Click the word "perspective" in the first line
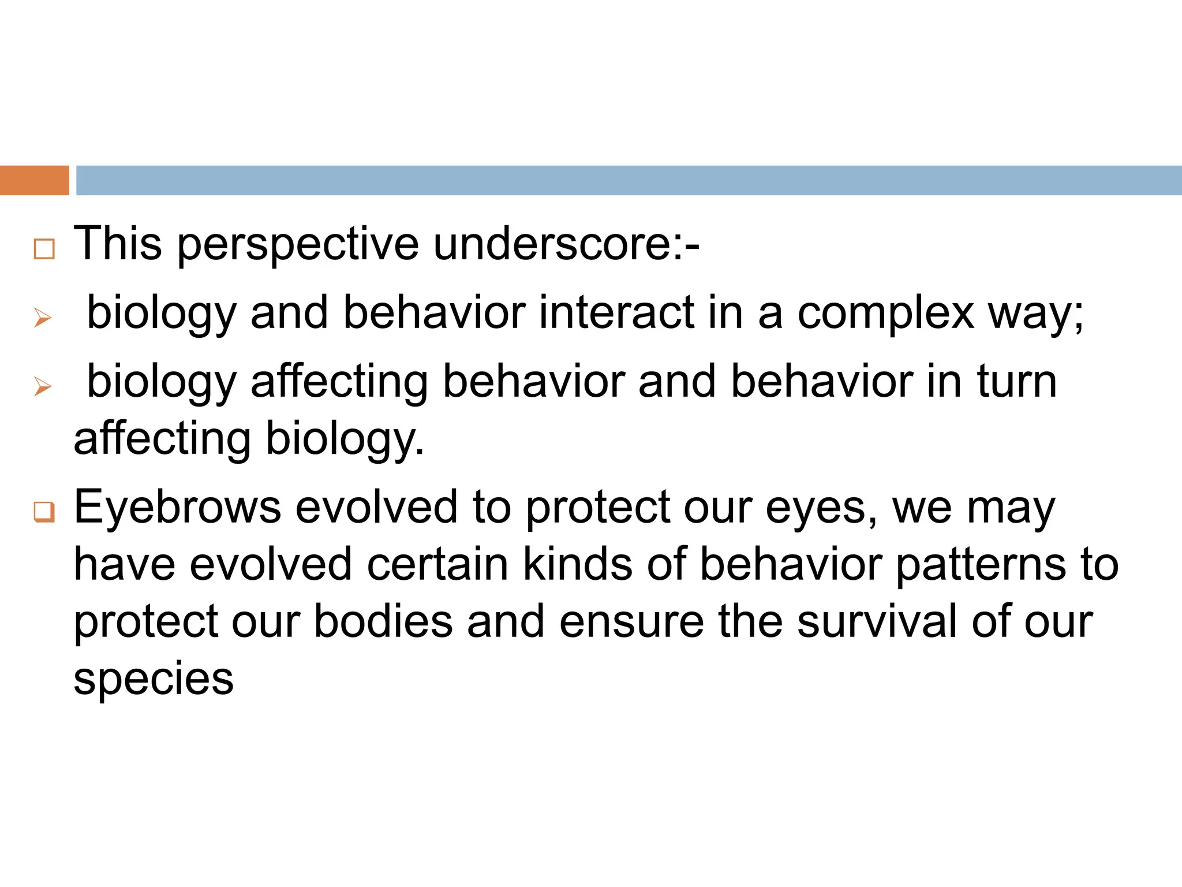click(297, 245)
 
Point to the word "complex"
click(885, 314)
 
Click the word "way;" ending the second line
click(1035, 314)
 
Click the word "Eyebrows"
click(177, 507)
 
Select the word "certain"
click(437, 564)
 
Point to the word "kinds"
click(578, 564)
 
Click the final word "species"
click(154, 680)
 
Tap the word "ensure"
click(631, 622)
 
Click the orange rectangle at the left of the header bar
click(34, 180)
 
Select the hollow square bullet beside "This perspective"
click(44, 249)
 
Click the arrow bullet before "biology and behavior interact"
click(43, 318)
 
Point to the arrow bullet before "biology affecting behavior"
click(43, 386)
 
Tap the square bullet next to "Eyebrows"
click(44, 512)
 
